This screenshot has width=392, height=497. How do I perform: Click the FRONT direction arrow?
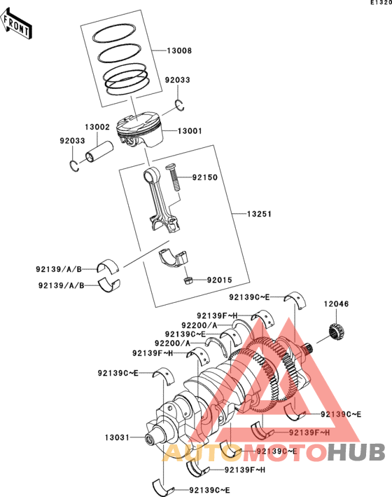pos(16,25)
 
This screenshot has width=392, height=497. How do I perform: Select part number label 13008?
pos(179,50)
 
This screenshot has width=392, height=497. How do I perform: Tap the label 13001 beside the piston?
pos(190,131)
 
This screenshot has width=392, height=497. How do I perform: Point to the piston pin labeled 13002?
pos(99,152)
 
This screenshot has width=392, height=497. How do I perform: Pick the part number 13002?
pos(97,127)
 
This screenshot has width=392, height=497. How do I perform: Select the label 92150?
pos(205,177)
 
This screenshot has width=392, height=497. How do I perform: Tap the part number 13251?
pos(259,214)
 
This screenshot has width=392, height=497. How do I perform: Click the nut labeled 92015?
pos(187,280)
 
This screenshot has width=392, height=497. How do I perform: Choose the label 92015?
pos(219,280)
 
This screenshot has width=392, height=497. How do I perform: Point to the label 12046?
pos(336,304)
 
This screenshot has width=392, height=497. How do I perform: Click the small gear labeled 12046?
pos(336,333)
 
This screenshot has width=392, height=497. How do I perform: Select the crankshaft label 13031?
pos(117,437)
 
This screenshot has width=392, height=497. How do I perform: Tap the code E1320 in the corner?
pos(381,3)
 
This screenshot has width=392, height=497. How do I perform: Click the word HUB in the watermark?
pos(356,452)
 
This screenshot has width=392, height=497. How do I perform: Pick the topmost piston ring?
pos(113,33)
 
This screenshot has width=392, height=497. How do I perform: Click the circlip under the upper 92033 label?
pos(180,106)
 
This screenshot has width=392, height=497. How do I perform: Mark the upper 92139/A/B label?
pos(59,269)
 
